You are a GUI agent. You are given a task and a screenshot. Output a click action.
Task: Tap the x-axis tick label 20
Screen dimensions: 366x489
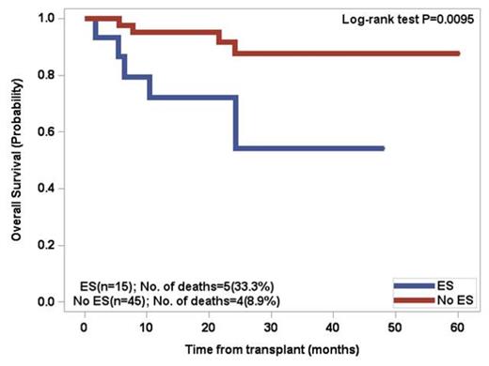pos(211,328)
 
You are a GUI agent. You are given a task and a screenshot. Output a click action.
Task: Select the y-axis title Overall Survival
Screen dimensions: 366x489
pos(17,164)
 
